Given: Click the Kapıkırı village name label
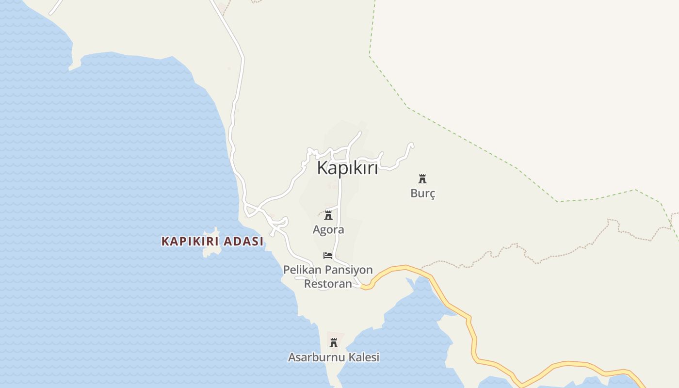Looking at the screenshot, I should pyautogui.click(x=347, y=168).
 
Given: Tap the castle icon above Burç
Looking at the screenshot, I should pyautogui.click(x=422, y=179).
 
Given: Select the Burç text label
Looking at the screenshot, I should pyautogui.click(x=423, y=193).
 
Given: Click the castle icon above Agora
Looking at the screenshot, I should pyautogui.click(x=328, y=215).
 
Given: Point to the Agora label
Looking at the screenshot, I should pyautogui.click(x=328, y=230).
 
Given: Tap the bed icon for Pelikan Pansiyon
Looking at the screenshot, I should pyautogui.click(x=328, y=255).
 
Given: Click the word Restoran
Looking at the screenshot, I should pyautogui.click(x=328, y=283).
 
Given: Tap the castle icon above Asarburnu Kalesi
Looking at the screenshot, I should pyautogui.click(x=334, y=343).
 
